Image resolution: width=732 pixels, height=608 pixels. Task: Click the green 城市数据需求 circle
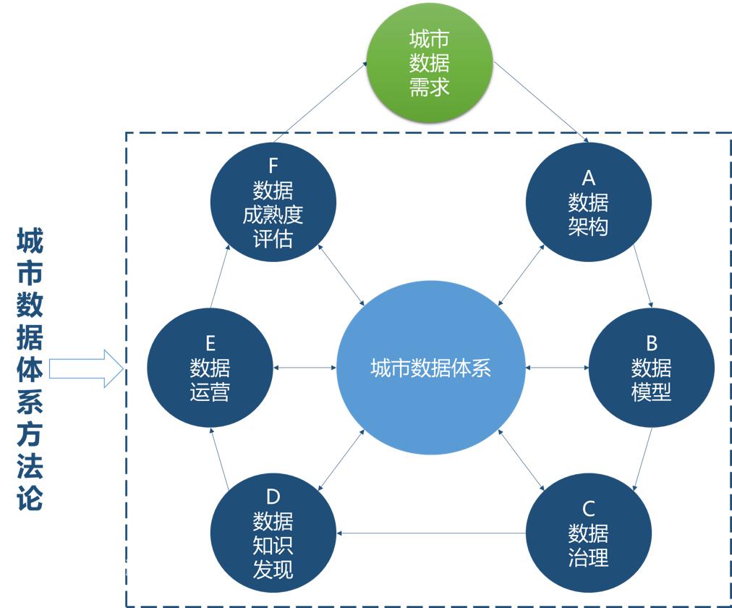(x=429, y=63)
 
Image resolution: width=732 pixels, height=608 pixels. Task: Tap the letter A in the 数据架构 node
(x=588, y=177)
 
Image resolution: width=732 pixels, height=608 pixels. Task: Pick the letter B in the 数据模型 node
(x=651, y=342)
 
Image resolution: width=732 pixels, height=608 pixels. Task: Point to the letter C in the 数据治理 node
(x=588, y=509)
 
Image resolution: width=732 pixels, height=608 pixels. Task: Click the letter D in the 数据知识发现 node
(x=273, y=497)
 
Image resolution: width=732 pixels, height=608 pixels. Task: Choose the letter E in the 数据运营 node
(x=210, y=343)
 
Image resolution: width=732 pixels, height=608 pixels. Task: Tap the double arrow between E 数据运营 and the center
(x=305, y=368)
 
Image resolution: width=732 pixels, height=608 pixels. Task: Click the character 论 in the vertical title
(x=30, y=497)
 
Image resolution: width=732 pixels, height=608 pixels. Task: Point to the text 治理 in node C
(x=588, y=558)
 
